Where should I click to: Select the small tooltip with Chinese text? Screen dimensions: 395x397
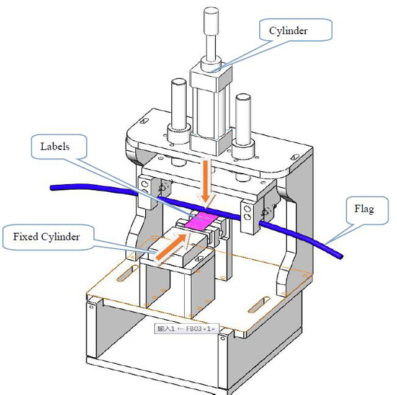pyautogui.click(x=186, y=328)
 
